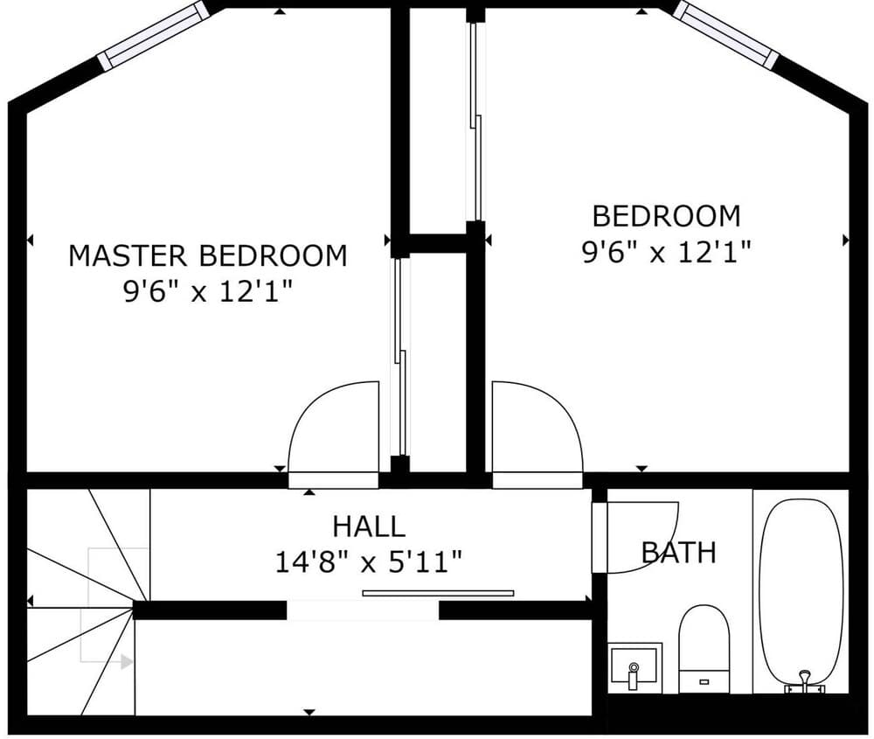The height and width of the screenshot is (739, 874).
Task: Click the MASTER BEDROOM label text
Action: click(x=207, y=256)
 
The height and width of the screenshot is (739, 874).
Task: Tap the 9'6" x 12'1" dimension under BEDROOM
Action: click(x=666, y=253)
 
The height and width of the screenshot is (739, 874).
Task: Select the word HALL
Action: click(x=368, y=526)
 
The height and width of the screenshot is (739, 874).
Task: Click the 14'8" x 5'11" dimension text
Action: click(x=368, y=561)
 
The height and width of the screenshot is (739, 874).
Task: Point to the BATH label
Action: click(x=679, y=553)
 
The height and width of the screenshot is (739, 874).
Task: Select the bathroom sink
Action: click(x=634, y=667)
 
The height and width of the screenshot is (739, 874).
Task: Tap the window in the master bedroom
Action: click(x=153, y=36)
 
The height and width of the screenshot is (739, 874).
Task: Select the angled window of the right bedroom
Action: click(x=725, y=35)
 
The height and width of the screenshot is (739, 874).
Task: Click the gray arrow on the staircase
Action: click(x=127, y=662)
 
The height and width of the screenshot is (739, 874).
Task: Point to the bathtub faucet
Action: click(x=804, y=681)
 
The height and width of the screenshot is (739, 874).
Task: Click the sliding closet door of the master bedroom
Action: click(x=400, y=359)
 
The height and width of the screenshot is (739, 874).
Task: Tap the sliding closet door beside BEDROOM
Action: click(x=475, y=122)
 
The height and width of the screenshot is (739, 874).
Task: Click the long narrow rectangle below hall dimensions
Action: click(x=438, y=593)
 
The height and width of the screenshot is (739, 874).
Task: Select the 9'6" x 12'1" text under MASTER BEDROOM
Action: click(x=207, y=291)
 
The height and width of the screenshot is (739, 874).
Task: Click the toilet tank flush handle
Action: click(x=704, y=678)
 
